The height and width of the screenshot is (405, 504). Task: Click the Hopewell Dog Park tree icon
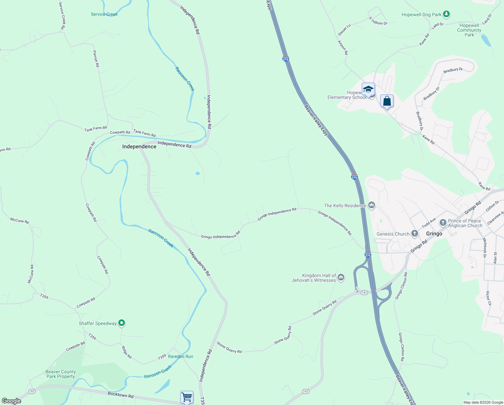coord(446,14)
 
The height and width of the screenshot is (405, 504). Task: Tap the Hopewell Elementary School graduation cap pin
coord(368,89)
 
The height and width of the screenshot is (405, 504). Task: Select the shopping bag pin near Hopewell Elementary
coord(387,101)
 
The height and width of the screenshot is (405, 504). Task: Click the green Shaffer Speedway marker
coord(122,323)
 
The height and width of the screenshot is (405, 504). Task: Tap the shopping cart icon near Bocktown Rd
coord(187,397)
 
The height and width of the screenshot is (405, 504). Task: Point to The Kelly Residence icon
coord(372,205)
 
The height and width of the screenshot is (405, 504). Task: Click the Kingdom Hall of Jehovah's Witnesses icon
coord(341,277)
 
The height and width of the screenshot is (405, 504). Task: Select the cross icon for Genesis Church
coord(415,234)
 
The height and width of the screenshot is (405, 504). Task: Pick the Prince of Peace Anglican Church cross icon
coord(443,223)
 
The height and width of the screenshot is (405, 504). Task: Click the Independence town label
coord(139,146)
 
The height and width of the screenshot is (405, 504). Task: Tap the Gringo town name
coord(434,234)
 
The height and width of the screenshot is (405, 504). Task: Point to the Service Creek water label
coord(104,14)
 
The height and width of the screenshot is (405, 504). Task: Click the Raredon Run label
coord(181,356)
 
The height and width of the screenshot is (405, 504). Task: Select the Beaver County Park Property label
coord(61,374)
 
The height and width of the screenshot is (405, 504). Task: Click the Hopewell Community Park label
coord(469,30)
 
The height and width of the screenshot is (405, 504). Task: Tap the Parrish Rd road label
coord(96,59)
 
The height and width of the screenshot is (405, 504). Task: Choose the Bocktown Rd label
coord(121,395)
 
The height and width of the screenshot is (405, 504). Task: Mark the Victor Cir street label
coord(488,298)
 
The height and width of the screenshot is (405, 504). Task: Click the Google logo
coord(11,401)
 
